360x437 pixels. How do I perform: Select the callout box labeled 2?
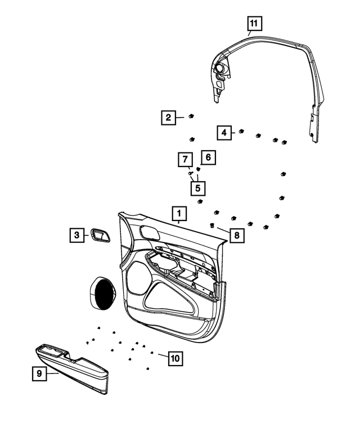[167, 118]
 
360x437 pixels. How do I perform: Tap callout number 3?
[75, 235]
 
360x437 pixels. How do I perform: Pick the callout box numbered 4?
[224, 132]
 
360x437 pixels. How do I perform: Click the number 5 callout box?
[197, 187]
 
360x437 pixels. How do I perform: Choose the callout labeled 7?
[184, 160]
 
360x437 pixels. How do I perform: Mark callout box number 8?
[237, 236]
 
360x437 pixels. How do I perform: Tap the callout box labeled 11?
[254, 24]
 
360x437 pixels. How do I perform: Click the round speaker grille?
[102, 294]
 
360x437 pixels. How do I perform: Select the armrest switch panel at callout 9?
[73, 366]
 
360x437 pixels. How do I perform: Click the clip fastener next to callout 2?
[191, 116]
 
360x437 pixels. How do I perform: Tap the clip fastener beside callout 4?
[241, 132]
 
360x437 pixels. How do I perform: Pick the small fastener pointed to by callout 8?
[212, 226]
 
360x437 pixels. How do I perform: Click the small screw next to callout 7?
[191, 173]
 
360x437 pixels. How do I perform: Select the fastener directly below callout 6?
[199, 169]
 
